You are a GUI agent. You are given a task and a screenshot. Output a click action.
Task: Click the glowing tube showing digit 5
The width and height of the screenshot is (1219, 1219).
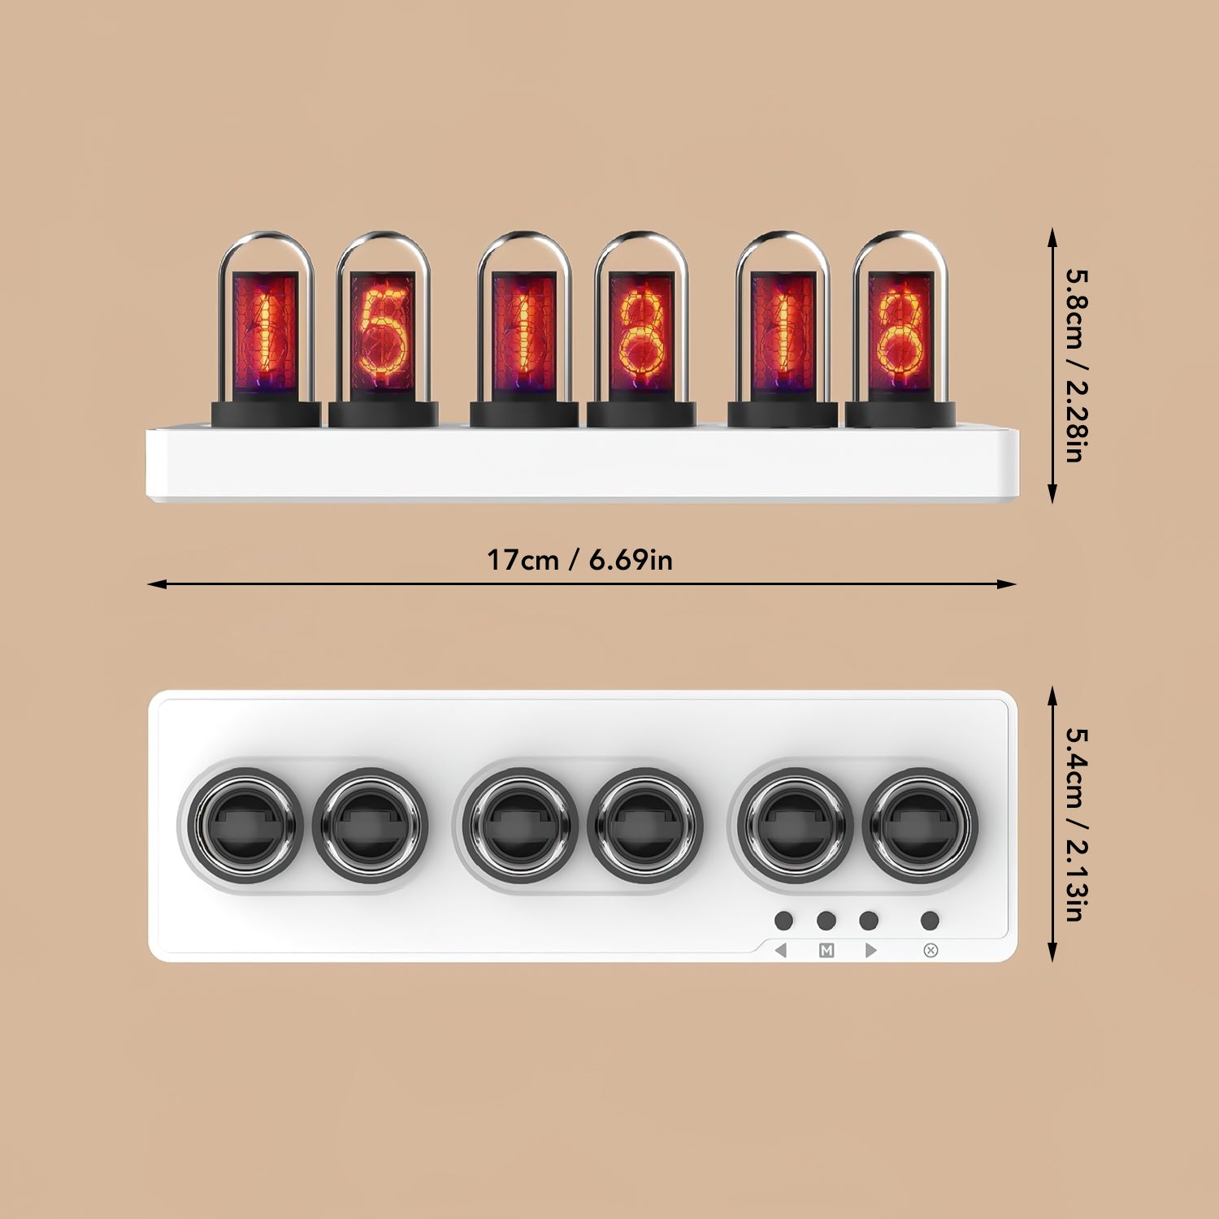383,329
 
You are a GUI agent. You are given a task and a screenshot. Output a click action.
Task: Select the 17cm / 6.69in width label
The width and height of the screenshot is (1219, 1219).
579,560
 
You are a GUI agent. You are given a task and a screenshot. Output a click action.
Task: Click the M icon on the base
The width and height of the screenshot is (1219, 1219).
826,950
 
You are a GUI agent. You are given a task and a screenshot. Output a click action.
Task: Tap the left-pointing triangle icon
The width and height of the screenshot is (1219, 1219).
782,950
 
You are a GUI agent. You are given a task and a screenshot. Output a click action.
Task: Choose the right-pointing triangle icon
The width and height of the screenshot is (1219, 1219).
870,950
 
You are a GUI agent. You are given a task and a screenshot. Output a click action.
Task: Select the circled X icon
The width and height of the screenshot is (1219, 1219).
931,950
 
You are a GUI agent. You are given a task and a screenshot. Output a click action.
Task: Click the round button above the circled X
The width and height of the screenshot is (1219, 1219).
931,920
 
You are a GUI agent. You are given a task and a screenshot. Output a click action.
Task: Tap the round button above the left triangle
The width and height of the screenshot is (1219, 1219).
783,920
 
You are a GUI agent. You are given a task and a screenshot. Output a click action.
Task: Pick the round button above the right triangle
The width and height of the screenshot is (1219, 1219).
869,920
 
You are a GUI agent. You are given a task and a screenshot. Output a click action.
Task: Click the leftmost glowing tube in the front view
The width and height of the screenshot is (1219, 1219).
266,329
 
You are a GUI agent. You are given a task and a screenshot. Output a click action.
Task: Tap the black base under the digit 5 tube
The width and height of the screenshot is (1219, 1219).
383,414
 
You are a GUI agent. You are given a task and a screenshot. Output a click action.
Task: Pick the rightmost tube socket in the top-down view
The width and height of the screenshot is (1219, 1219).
921,825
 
